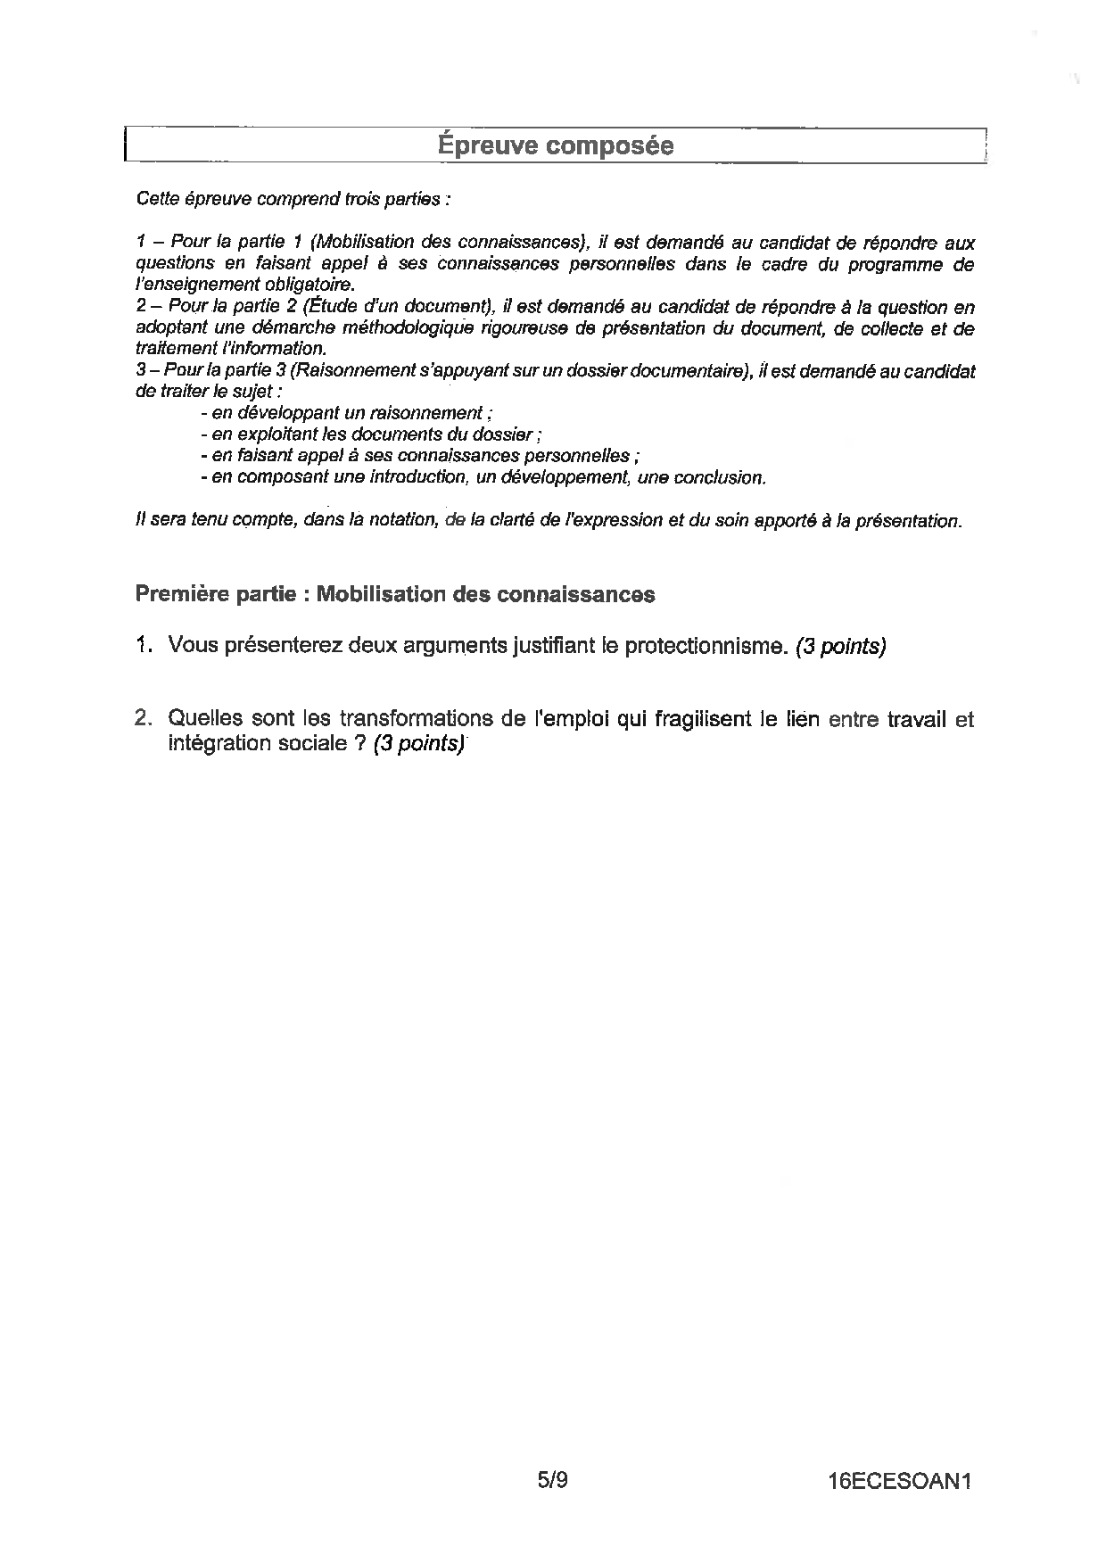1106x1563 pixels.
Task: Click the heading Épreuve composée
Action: click(x=556, y=145)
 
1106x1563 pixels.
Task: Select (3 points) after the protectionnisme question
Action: click(x=840, y=647)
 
